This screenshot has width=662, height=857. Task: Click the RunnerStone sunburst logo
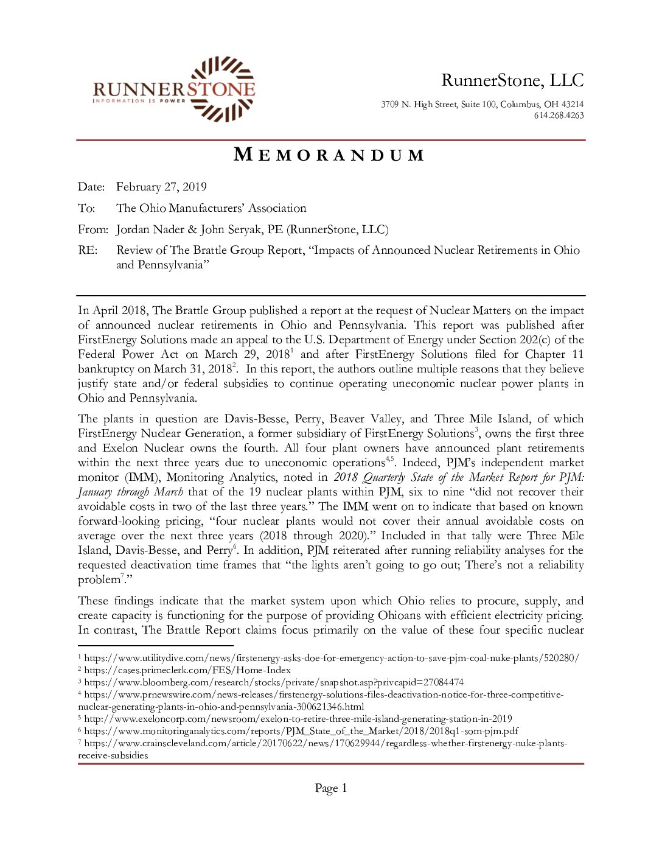pos(223,88)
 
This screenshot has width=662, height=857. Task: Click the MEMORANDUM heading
pos(329,155)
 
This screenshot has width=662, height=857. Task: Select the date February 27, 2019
pos(161,187)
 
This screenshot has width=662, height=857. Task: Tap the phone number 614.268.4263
pos(559,116)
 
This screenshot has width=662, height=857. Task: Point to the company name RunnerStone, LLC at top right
pos(512,80)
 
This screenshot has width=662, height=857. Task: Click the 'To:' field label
pos(86,208)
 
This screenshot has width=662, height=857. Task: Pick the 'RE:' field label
pos(88,250)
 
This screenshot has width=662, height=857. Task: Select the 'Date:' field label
pos(91,187)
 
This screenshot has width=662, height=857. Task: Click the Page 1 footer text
pos(330,788)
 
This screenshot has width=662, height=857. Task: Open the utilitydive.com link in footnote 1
pos(332,658)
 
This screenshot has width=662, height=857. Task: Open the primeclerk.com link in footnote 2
pos(187,670)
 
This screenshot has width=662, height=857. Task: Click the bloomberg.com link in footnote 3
pos(274,682)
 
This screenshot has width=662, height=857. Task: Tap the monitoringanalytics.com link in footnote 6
pos(301,731)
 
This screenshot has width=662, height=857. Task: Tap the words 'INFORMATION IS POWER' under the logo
pos(139,101)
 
